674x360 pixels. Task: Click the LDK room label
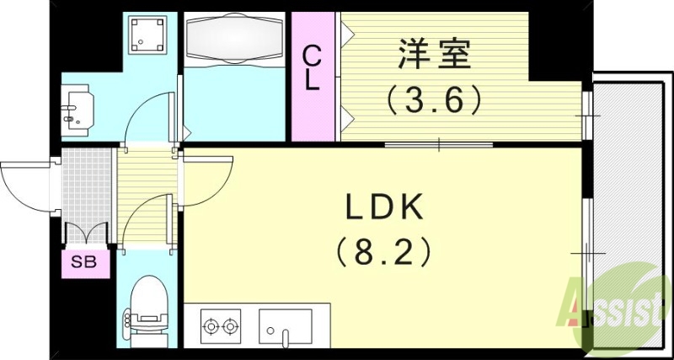point(388,207)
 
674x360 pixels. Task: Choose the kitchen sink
point(285,325)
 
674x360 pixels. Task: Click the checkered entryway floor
point(88,185)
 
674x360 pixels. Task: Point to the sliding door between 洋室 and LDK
point(438,146)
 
